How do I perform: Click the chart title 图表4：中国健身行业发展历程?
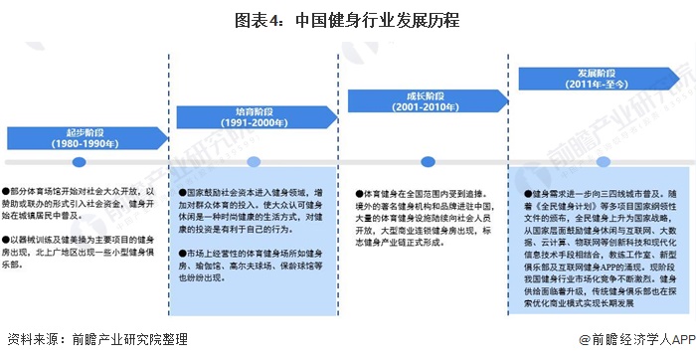347,19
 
